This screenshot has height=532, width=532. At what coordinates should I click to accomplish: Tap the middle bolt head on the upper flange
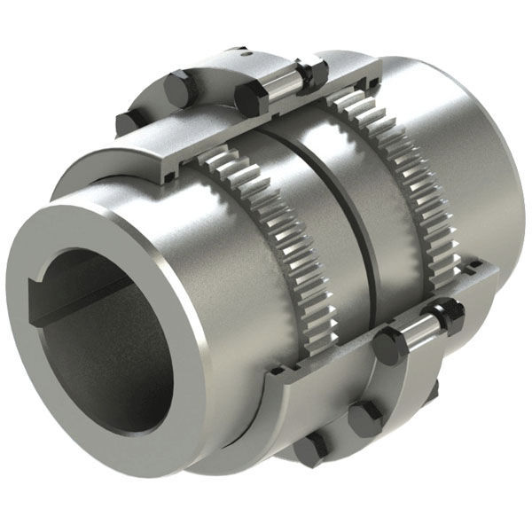click(178, 90)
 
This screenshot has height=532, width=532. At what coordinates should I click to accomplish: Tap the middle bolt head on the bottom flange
click(364, 418)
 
